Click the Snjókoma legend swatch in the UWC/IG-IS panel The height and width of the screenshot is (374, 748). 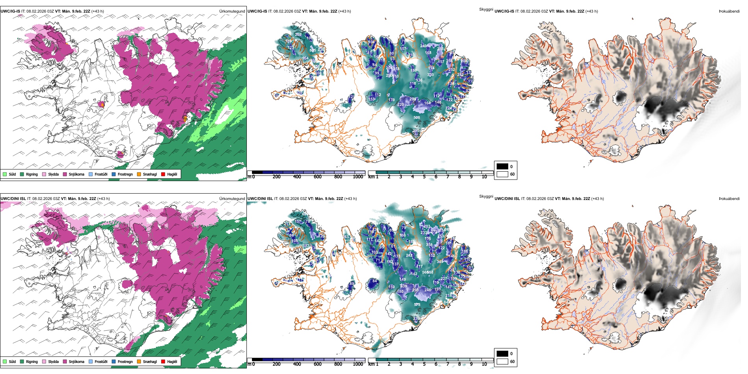point(65,174)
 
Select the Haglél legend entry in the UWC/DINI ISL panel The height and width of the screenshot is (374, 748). point(163,361)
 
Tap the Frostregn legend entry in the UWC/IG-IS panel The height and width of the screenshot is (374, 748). point(114,174)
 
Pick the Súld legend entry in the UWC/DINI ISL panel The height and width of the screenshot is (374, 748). point(5,361)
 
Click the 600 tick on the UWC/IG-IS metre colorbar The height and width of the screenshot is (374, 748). point(317,177)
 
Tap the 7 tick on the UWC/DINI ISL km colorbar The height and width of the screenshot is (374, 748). point(448,364)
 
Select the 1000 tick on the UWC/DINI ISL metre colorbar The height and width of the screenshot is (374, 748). point(358,364)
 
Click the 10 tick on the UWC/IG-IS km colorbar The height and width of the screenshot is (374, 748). point(484,177)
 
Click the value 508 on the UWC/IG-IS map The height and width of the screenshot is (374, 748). point(417,118)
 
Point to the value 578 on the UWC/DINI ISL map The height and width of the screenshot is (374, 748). point(417,305)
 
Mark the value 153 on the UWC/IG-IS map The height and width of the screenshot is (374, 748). point(372,99)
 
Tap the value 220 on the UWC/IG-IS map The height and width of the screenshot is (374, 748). point(400,105)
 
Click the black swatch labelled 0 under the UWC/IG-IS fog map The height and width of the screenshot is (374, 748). point(502,167)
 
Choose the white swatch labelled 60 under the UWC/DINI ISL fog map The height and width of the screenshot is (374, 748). point(502,361)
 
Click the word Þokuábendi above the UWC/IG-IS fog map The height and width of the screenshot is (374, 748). point(729,11)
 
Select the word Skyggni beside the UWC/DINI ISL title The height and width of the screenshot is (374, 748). point(486,196)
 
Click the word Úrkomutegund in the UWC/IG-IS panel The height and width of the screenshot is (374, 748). point(232,11)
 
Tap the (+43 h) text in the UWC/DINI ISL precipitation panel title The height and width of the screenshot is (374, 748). point(104,199)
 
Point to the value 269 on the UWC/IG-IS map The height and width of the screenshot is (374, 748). point(298,35)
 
